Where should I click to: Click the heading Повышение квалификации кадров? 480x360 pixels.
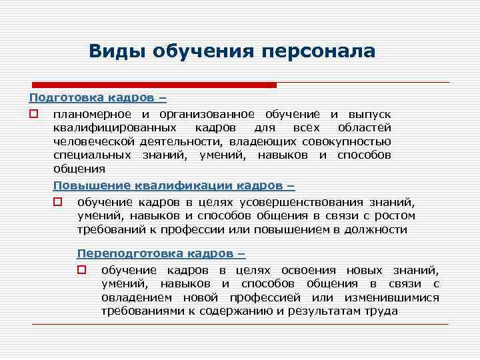pos(173,186)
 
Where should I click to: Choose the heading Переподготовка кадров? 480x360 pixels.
pos(161,253)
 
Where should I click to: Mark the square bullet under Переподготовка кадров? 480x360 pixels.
pos(81,270)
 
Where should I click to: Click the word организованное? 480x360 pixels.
pos(212,114)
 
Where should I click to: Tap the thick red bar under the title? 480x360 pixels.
pos(153,85)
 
